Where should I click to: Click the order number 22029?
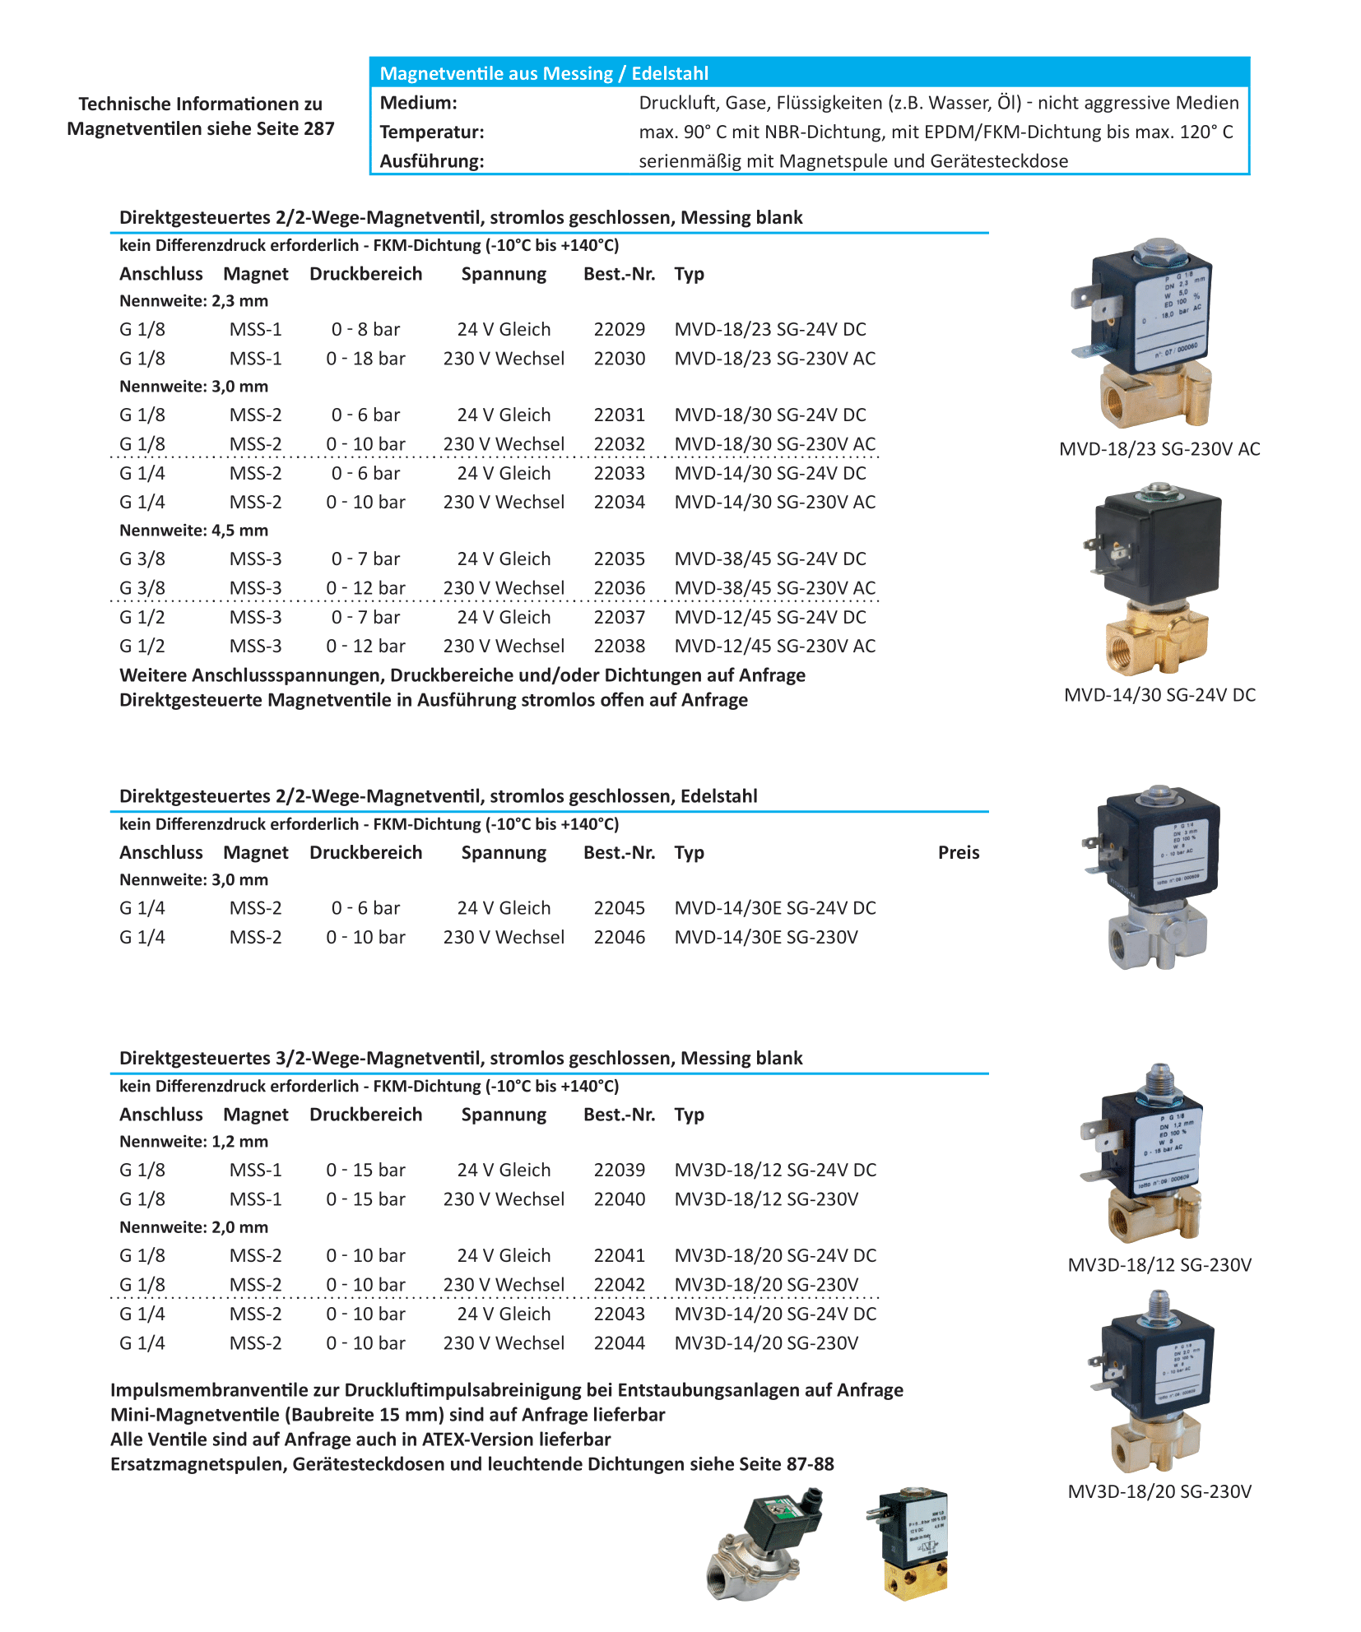(x=619, y=330)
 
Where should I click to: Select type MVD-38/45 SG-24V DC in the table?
(x=769, y=559)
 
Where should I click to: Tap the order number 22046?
(x=619, y=938)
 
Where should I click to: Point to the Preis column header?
(x=958, y=853)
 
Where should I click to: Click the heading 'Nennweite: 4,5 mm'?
(x=193, y=531)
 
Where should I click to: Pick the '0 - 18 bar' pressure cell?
(x=365, y=359)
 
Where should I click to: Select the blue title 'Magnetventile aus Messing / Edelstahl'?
(x=543, y=73)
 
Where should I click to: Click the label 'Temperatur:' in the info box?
(x=431, y=132)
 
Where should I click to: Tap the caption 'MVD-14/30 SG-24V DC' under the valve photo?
(x=1159, y=695)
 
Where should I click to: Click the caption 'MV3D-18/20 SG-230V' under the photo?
(x=1159, y=1492)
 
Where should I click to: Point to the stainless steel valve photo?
(x=1156, y=877)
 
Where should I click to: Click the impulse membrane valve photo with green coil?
(x=765, y=1545)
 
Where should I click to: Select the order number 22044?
(x=619, y=1343)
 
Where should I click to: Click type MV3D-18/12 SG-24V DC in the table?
(x=774, y=1171)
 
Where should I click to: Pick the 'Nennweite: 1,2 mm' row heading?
(x=193, y=1142)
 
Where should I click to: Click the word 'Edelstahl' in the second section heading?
(x=718, y=796)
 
